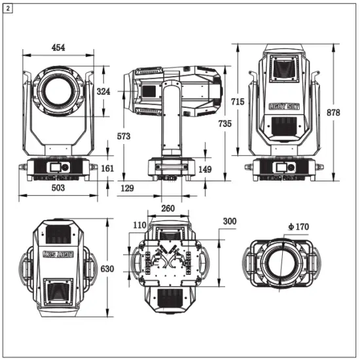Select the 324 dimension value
pyautogui.click(x=103, y=92)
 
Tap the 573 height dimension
pyautogui.click(x=123, y=136)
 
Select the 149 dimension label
pyautogui.click(x=204, y=170)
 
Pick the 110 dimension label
pyautogui.click(x=139, y=225)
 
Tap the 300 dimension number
pyautogui.click(x=230, y=222)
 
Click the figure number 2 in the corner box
pyautogui.click(x=7, y=7)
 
